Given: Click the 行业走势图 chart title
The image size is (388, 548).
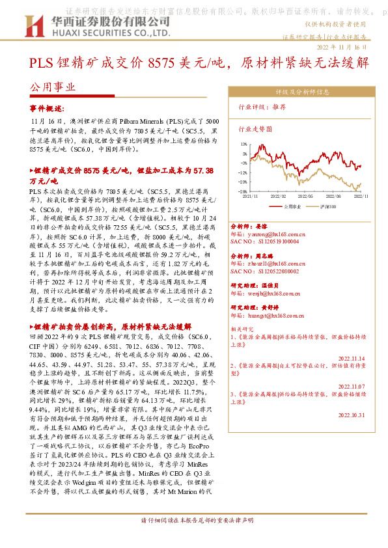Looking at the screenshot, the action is (255, 130).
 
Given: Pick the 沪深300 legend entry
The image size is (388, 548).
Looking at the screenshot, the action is (328, 206).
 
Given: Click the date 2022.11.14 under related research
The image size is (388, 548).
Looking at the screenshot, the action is (353, 357).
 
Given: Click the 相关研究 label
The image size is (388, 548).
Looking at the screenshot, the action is (242, 329).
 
